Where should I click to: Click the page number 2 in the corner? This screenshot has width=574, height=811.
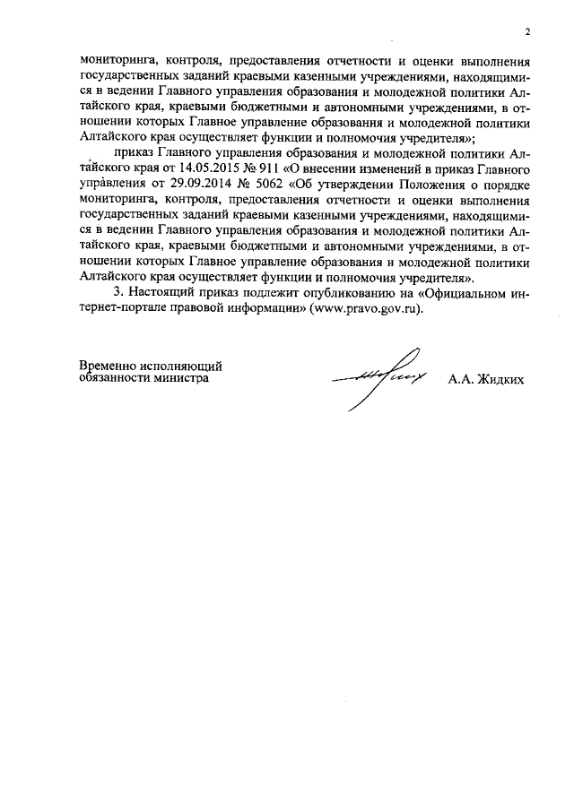(528, 32)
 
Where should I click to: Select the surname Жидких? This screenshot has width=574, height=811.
(504, 380)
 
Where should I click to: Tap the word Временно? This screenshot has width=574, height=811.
(109, 366)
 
